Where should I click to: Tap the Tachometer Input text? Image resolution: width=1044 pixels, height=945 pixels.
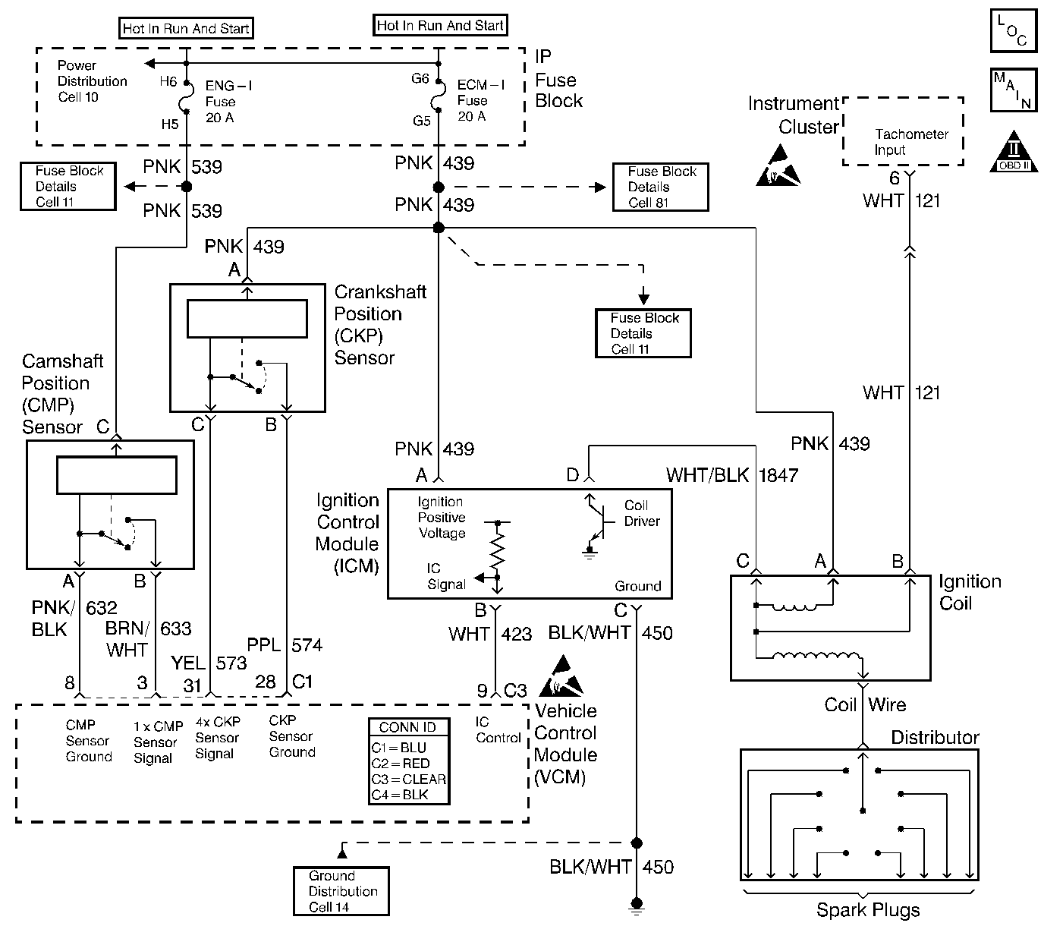coord(910,142)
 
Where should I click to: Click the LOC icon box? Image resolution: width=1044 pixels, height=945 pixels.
coord(1013,31)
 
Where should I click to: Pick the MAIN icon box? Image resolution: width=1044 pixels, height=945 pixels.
coord(1013,90)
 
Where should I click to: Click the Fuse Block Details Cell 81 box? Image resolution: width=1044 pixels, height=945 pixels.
coord(660,187)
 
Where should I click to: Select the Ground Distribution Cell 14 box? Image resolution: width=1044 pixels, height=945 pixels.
coord(341,891)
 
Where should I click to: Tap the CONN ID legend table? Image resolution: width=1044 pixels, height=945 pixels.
coord(409,761)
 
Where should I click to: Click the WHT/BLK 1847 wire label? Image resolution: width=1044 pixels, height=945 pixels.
coord(731,476)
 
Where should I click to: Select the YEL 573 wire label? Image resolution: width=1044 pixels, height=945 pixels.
coord(209,663)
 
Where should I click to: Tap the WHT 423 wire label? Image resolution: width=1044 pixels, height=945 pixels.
coord(489,634)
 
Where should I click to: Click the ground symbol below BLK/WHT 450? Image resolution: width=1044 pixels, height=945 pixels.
coord(637,903)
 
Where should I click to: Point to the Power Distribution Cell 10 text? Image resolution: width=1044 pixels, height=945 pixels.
coord(92,81)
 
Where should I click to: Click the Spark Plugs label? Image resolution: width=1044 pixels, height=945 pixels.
coord(867,910)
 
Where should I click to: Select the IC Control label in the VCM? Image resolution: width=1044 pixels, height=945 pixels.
coord(498,730)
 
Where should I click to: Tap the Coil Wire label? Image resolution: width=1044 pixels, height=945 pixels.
coord(865,705)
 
